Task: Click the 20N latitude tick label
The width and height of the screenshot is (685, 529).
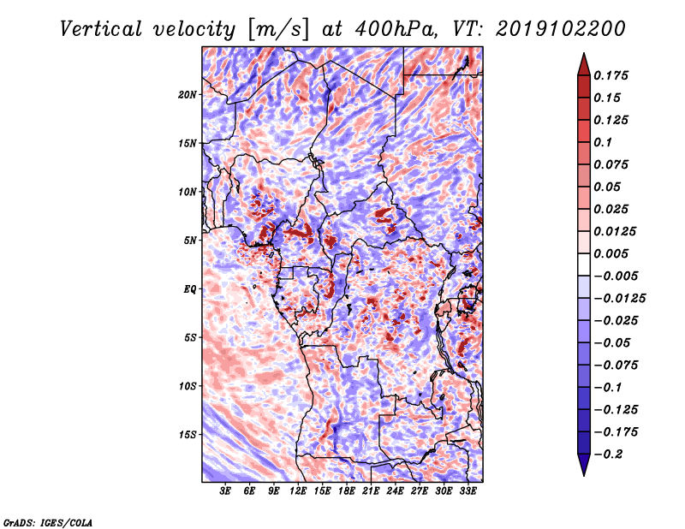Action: coord(188,95)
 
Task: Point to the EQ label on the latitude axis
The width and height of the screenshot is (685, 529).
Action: coord(190,289)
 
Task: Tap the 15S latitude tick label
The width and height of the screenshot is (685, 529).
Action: coord(188,435)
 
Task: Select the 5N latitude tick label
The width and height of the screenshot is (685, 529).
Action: coord(190,241)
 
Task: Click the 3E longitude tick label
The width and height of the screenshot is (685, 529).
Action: coord(225,491)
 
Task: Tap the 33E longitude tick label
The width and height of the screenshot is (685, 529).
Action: coord(468,491)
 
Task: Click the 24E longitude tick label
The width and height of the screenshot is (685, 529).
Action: coord(395,491)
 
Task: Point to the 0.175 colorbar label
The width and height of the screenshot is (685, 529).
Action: coord(611,75)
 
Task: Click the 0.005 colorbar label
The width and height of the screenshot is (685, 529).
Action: coord(611,253)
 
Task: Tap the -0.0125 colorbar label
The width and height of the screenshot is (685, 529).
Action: coord(619,299)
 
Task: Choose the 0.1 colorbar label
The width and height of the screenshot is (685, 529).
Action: coord(603,142)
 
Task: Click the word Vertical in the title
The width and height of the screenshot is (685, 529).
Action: coord(101,29)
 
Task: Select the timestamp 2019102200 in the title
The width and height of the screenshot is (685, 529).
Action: coord(561,29)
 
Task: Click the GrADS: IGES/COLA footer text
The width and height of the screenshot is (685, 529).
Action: coord(48,523)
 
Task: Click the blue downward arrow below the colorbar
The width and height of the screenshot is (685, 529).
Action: coord(584,463)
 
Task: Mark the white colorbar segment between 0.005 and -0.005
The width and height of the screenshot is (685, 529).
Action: coord(584,264)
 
